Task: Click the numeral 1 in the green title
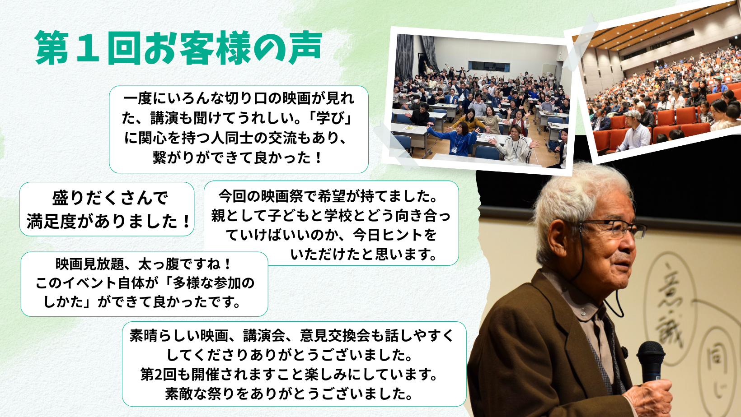[87, 47]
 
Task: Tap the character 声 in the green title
[305, 47]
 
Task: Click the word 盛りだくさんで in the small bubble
[110, 198]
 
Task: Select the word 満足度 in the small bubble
[52, 221]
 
